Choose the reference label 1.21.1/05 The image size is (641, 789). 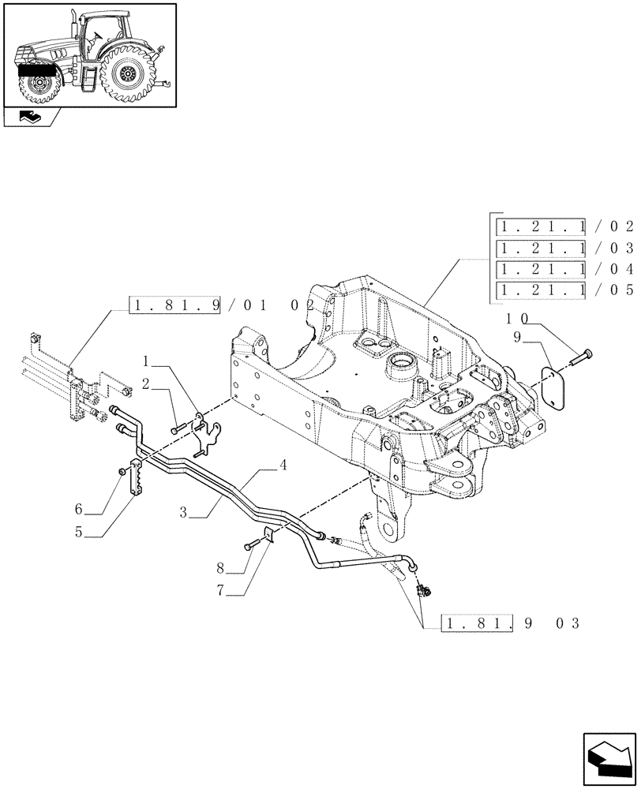564,290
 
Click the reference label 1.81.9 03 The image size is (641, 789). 509,623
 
